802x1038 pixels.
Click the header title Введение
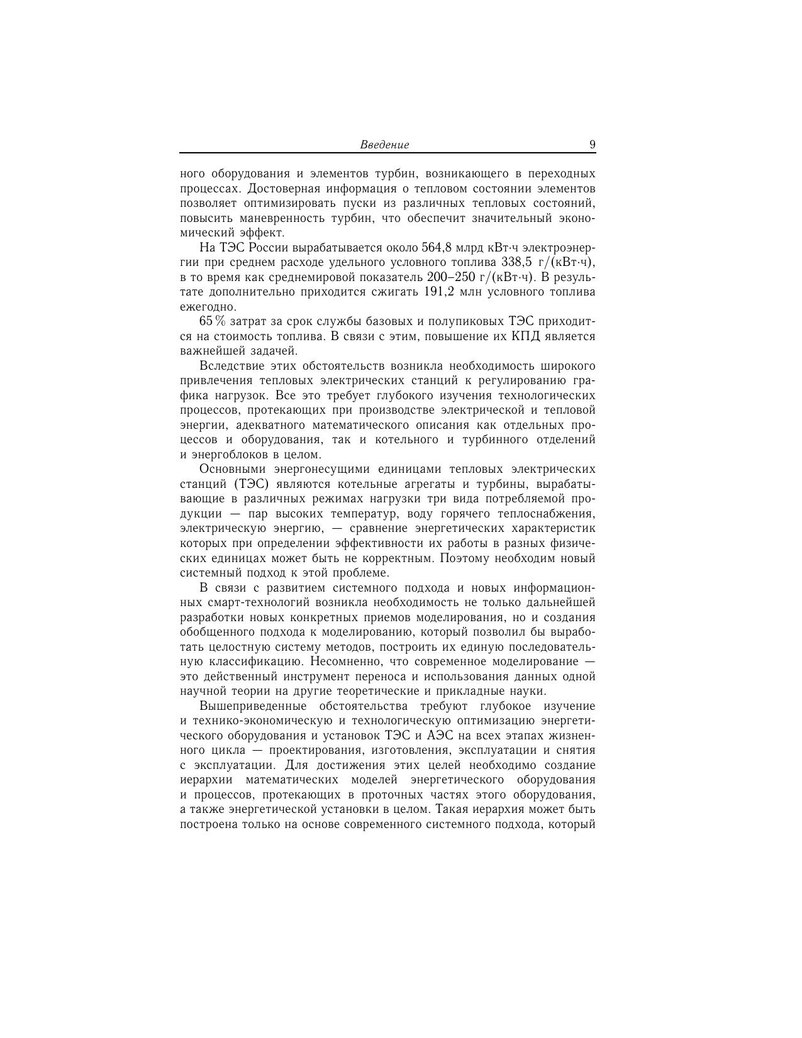point(384,145)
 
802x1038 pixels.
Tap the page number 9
point(592,145)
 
